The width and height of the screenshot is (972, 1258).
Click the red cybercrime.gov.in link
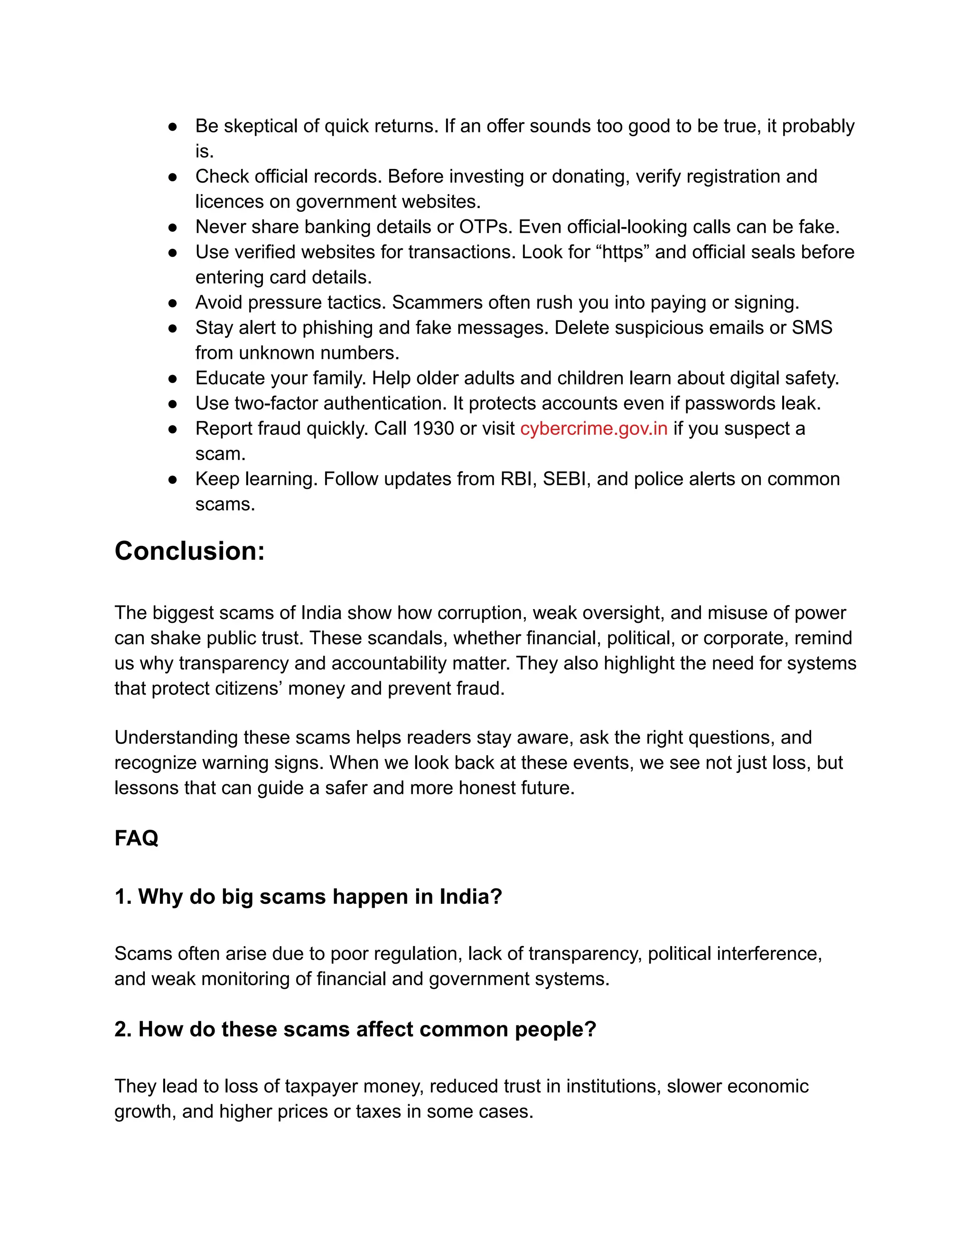[x=593, y=429]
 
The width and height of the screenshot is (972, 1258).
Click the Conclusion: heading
[x=189, y=551]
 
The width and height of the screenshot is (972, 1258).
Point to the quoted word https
[x=623, y=252]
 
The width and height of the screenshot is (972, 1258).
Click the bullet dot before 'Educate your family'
[x=172, y=378]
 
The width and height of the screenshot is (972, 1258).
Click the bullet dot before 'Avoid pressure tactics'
[x=172, y=303]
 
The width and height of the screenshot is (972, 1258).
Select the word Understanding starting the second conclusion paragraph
[x=176, y=737]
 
